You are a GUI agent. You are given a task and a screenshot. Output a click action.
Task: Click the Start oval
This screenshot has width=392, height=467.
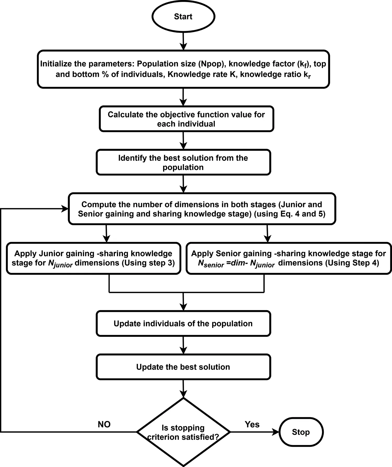tap(183, 16)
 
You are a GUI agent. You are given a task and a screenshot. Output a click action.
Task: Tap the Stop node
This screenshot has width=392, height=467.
tap(301, 432)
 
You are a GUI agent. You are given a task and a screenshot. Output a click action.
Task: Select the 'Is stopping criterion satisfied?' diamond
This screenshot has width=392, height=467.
tap(183, 432)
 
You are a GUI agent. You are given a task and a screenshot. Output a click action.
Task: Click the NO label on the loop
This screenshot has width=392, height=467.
tap(104, 424)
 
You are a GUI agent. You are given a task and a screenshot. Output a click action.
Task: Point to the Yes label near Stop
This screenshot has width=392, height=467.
tap(252, 424)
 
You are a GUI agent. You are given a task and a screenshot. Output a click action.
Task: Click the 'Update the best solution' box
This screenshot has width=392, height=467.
tap(183, 367)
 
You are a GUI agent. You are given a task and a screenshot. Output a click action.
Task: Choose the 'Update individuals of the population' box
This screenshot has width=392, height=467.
tap(183, 323)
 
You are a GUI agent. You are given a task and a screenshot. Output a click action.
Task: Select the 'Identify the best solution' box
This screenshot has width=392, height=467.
tap(183, 162)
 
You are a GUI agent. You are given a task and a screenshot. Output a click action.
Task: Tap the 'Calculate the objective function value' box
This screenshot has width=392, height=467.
tap(186, 119)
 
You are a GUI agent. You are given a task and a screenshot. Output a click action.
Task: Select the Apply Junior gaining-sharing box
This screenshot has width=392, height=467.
tap(93, 258)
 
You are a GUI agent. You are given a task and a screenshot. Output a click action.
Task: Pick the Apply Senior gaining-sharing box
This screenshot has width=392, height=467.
tap(289, 258)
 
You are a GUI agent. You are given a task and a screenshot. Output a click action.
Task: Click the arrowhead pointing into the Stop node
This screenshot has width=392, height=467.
tap(276, 432)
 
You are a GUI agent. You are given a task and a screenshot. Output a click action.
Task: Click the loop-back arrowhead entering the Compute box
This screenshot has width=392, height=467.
tap(65, 209)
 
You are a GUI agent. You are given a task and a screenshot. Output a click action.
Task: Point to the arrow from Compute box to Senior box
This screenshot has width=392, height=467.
tap(267, 234)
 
